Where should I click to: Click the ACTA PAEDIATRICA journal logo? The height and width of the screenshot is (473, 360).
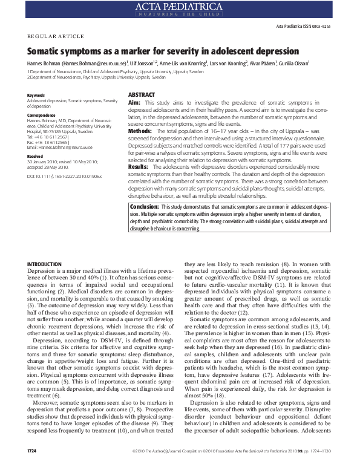tap(180, 8)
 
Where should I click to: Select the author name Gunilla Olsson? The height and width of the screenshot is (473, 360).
tap(294, 62)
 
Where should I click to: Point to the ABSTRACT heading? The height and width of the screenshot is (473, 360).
tap(142, 95)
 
